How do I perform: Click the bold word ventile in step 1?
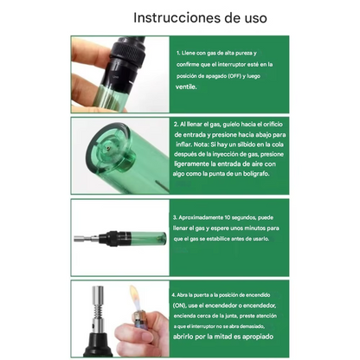(x=186, y=87)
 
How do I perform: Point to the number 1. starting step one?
(x=177, y=53)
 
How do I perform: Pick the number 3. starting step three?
(x=176, y=217)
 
